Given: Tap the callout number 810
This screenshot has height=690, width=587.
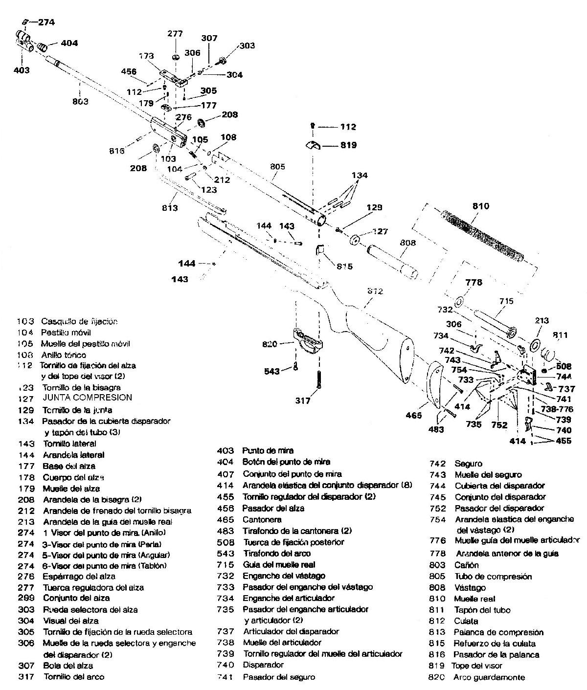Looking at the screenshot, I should tap(480, 206).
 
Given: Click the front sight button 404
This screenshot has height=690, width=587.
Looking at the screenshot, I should tap(43, 46).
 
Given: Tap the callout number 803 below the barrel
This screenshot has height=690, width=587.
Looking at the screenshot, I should tap(80, 101).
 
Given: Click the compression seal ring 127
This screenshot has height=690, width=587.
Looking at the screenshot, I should tap(355, 241).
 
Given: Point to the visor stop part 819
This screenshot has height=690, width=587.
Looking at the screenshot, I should tap(313, 145).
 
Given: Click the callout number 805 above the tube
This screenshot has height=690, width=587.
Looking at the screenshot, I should tap(277, 166).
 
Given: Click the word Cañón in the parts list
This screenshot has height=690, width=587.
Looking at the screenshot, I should tap(466, 565).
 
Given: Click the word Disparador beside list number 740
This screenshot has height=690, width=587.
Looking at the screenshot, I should tap(263, 665).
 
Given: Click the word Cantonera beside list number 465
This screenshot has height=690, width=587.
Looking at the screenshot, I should tap(262, 519).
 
